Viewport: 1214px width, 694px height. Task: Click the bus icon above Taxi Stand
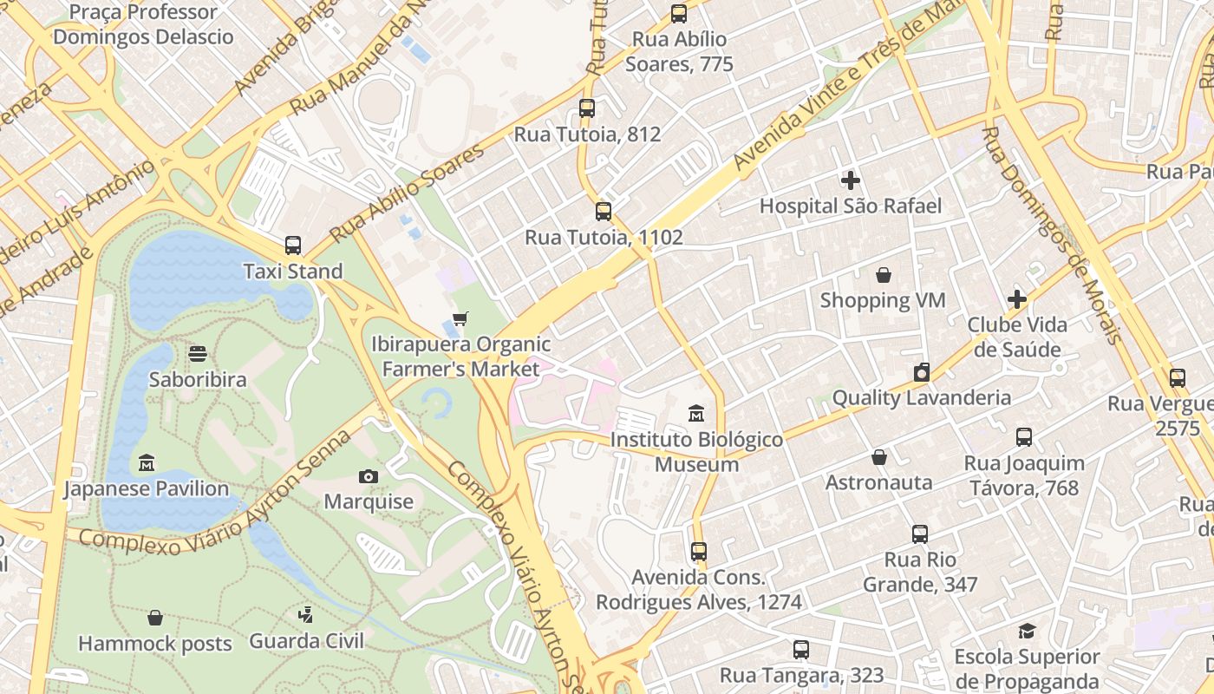pos(293,246)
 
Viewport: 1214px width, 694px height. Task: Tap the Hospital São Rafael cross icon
pos(851,180)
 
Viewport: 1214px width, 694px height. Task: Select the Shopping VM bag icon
pos(883,275)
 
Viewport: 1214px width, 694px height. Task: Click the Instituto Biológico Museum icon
pos(696,414)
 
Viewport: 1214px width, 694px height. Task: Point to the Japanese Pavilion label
pos(147,488)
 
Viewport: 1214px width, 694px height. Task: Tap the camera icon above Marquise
pos(369,476)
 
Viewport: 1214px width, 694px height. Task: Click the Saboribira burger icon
pos(198,354)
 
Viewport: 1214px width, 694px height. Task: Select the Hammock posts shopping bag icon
pos(155,618)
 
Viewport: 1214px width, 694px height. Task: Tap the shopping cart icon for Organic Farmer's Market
pos(460,319)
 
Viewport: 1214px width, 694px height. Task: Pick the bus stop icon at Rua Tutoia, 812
pos(587,108)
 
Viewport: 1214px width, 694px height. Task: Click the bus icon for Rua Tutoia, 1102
pos(604,212)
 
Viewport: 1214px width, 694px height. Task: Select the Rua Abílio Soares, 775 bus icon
pos(679,14)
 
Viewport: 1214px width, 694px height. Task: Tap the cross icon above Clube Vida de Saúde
pos(1017,299)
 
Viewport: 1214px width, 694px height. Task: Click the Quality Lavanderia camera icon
pos(921,372)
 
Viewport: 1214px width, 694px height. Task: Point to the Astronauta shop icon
pos(879,457)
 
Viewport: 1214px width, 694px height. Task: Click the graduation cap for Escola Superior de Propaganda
pos(1027,631)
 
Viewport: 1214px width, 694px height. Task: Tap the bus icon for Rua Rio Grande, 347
pos(920,534)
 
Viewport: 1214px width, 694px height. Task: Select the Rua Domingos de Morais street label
pos(1052,234)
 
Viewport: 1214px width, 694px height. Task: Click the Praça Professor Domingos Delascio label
pos(144,24)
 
